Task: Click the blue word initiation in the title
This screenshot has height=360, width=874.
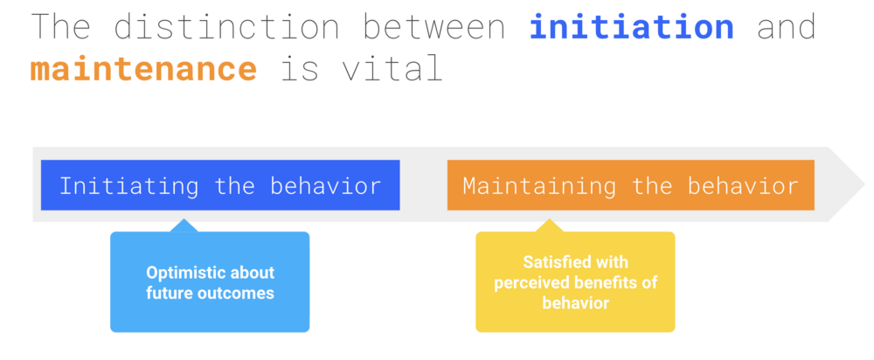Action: point(632,27)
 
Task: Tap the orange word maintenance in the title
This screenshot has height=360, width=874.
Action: point(143,69)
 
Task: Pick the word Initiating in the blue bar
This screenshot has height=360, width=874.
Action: point(128,186)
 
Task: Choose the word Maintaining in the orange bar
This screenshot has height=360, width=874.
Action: point(539,186)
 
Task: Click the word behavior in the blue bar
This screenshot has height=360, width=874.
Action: point(325,185)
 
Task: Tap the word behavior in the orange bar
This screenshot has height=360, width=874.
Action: point(743,185)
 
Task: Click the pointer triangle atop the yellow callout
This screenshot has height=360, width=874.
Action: point(549,225)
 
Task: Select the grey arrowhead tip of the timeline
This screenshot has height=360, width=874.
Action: point(864,184)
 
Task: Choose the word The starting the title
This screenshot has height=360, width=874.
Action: point(60,27)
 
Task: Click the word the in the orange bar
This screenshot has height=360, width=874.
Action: point(652,185)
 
